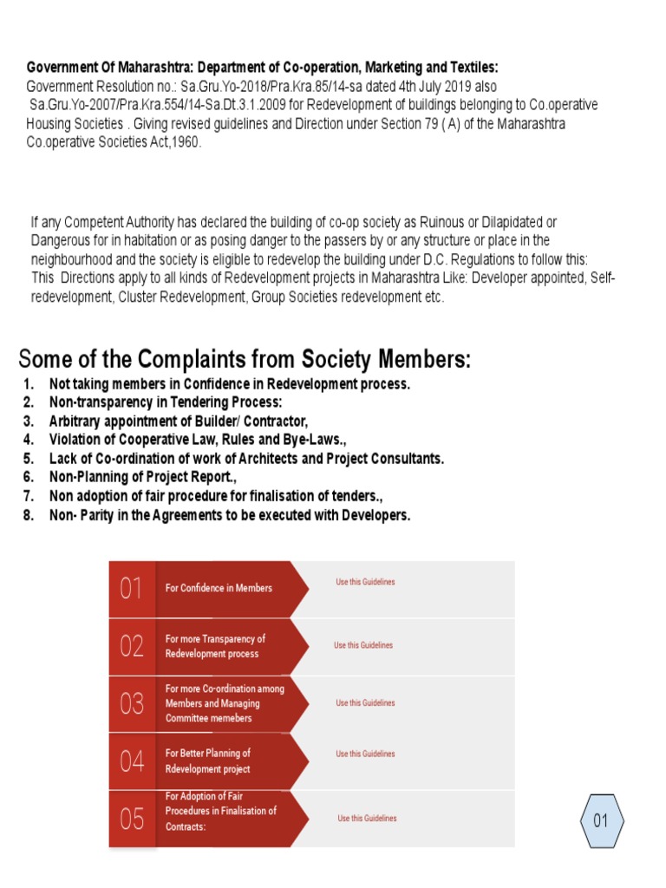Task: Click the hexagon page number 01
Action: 601,820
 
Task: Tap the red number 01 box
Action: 132,589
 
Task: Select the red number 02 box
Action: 132,646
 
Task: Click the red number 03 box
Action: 132,703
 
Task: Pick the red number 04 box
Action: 132,761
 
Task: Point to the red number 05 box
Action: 132,819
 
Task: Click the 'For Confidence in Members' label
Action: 219,588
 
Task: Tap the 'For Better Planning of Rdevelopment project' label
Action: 208,761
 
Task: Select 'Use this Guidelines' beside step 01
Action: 365,582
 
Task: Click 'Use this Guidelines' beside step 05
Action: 367,819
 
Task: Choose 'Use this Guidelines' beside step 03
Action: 365,703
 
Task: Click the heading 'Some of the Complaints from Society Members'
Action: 245,358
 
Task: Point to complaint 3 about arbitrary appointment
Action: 179,421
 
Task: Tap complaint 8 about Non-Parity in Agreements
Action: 230,515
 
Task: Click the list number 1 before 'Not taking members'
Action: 29,383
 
